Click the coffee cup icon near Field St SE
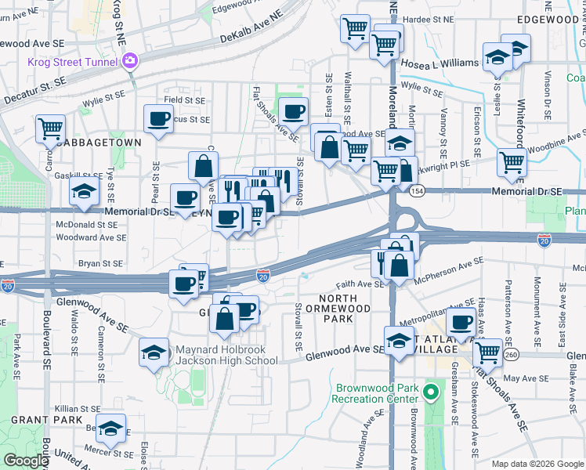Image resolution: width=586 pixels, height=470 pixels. pyautogui.click(x=158, y=119)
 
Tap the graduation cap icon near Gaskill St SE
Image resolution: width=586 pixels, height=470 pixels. pyautogui.click(x=82, y=191)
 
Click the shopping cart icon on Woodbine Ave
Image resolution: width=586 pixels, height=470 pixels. pyautogui.click(x=512, y=163)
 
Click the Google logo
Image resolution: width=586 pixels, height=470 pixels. pyautogui.click(x=26, y=461)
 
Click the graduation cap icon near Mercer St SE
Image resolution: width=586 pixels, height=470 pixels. pyautogui.click(x=111, y=428)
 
